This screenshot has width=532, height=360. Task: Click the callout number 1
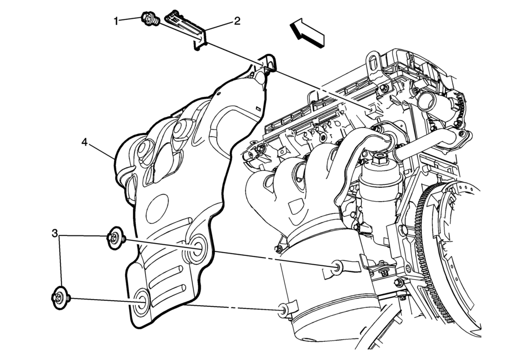click(116, 21)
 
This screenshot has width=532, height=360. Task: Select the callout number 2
click(237, 21)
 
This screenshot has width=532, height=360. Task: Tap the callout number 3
click(55, 234)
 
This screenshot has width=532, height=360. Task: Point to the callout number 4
click(84, 142)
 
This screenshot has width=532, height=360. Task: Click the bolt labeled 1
click(149, 19)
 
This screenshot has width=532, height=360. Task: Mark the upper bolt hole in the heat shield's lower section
click(197, 248)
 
